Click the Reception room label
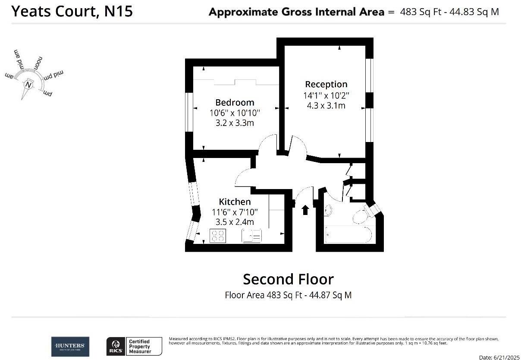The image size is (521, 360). (x=326, y=84)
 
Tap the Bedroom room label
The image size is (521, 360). (x=235, y=102)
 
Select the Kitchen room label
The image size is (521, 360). (x=235, y=202)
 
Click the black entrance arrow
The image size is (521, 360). (x=305, y=210)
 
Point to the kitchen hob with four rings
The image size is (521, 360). (x=218, y=236)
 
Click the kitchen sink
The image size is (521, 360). (x=252, y=236)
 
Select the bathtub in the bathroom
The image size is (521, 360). (x=348, y=235)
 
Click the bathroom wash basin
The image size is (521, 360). (x=328, y=210)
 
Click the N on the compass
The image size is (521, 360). (x=28, y=85)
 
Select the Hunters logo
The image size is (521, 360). (x=70, y=346)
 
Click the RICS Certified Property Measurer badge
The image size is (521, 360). (x=134, y=346)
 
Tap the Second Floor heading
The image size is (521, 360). (x=288, y=279)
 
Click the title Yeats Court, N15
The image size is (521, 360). (x=72, y=11)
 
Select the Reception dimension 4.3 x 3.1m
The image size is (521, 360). (x=326, y=105)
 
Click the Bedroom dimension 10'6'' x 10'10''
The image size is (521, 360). (x=235, y=113)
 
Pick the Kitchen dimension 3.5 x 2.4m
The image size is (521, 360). (x=235, y=222)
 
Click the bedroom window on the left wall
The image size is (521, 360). (x=189, y=112)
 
